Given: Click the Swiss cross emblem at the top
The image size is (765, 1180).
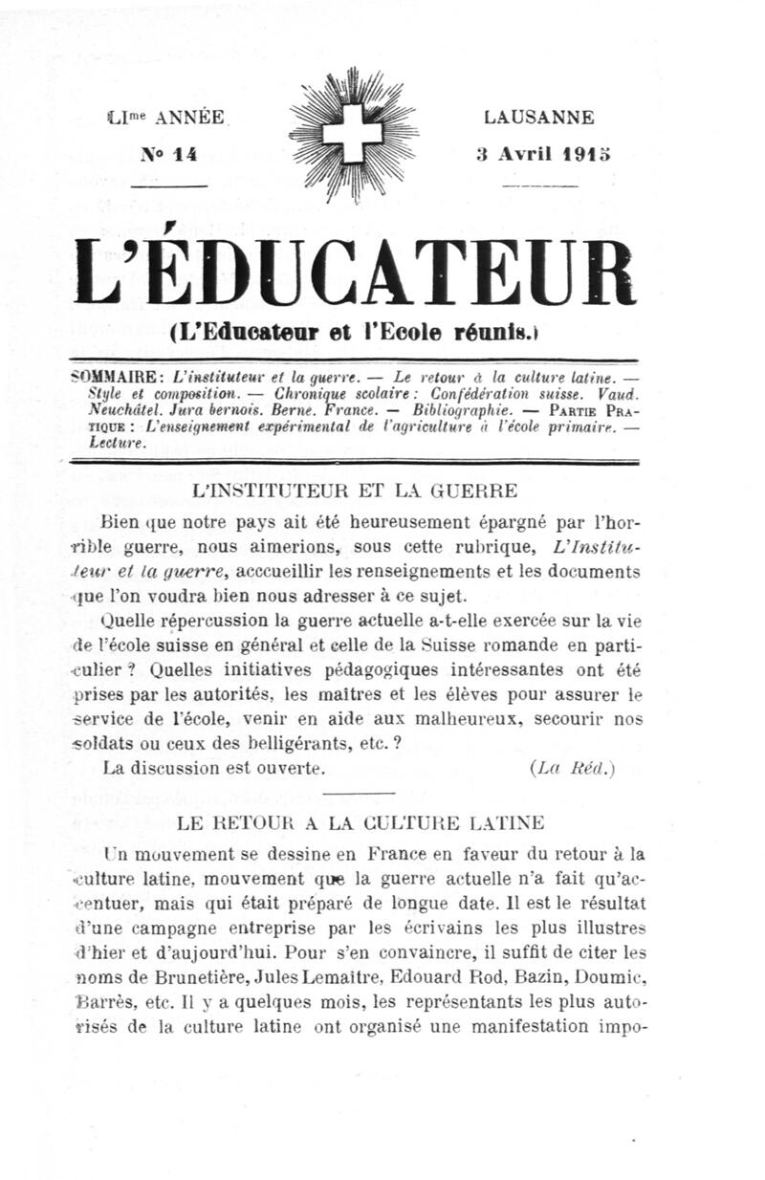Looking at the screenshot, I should click(x=351, y=135).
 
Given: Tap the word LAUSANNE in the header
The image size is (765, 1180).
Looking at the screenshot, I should click(x=539, y=118).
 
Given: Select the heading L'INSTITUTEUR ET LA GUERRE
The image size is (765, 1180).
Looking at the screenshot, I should click(x=355, y=492).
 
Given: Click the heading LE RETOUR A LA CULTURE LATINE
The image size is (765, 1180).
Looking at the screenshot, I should click(x=361, y=822).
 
